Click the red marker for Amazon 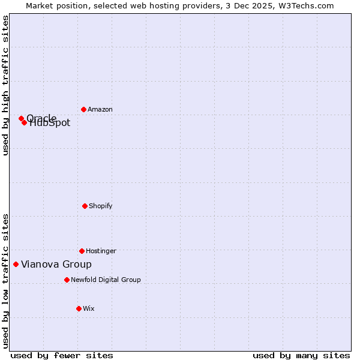(83, 109)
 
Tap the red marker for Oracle (21, 118)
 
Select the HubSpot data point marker (24, 122)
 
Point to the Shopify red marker (85, 206)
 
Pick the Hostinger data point (82, 251)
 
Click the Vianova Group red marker (16, 264)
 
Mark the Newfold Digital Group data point (67, 280)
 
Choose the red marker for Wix (79, 308)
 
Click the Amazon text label (100, 109)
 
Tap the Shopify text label (101, 206)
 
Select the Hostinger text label (101, 251)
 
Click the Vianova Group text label (56, 264)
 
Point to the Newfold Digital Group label (106, 280)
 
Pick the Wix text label (89, 308)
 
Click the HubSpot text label (50, 124)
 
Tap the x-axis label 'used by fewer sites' (62, 355)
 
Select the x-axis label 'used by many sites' (301, 355)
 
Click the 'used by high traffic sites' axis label (5, 85)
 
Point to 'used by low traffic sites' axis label (5, 281)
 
